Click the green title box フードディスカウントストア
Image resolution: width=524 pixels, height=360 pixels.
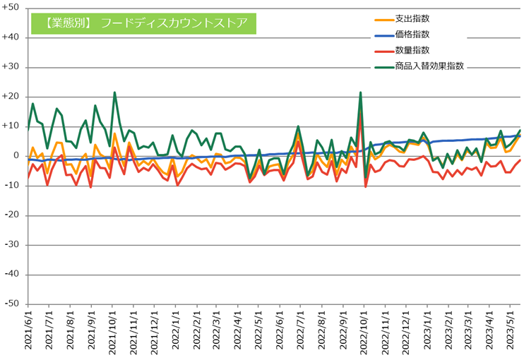(x=143, y=23)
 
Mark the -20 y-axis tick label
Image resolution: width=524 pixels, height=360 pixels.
(x=12, y=215)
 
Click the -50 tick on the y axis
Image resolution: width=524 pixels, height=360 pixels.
(x=12, y=304)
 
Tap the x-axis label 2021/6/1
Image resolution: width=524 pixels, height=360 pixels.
(x=28, y=331)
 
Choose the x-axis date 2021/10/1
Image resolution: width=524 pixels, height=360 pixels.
(x=112, y=331)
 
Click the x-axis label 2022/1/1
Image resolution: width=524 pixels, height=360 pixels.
(x=175, y=331)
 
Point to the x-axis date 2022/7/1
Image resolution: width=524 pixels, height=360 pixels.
(x=301, y=331)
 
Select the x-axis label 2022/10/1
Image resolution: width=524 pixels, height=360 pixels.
(x=364, y=331)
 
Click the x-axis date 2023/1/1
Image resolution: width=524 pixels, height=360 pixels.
(x=427, y=331)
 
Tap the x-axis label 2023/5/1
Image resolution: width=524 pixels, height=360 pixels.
(x=510, y=331)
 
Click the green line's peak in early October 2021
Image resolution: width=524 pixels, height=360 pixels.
(x=114, y=92)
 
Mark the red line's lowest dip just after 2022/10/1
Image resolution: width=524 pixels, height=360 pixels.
(x=365, y=186)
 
